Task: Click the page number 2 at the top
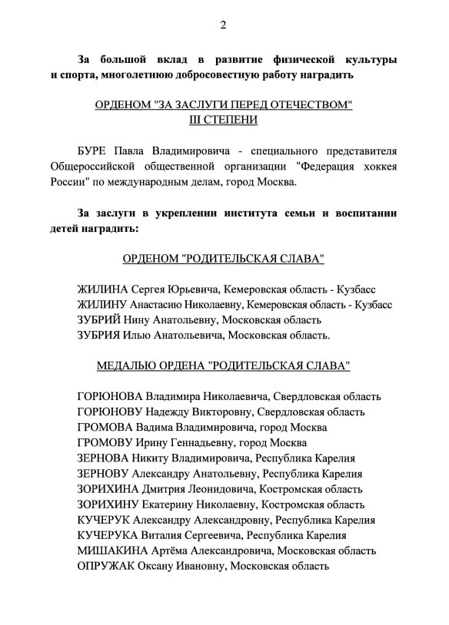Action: click(223, 25)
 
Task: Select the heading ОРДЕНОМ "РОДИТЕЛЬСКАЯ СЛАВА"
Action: click(223, 259)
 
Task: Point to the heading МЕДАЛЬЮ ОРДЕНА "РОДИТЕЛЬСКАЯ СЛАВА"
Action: click(223, 366)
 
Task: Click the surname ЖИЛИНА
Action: click(102, 289)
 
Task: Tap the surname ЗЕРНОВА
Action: click(103, 458)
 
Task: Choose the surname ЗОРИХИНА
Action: click(108, 489)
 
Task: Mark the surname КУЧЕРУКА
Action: click(107, 535)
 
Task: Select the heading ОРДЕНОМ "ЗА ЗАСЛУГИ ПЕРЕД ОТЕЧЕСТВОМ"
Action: click(223, 104)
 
